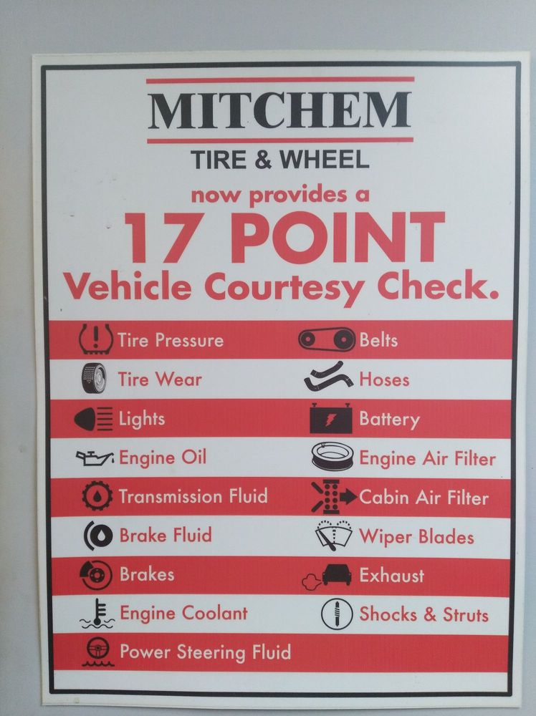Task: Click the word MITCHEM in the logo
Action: click(x=279, y=110)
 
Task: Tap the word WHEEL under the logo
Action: click(x=324, y=160)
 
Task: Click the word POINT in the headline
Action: click(x=338, y=238)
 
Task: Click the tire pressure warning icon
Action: click(x=96, y=339)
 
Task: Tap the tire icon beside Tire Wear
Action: click(x=94, y=379)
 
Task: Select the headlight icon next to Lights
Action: click(x=94, y=419)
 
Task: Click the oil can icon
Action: click(x=95, y=458)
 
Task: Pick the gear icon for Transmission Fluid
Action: click(x=97, y=496)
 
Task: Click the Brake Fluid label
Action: click(x=166, y=535)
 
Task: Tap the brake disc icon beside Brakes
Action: click(x=96, y=574)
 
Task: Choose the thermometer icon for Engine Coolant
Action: click(x=97, y=614)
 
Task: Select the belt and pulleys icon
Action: click(x=327, y=339)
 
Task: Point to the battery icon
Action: click(x=331, y=418)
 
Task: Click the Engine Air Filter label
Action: click(x=427, y=458)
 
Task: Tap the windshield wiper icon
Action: click(x=334, y=535)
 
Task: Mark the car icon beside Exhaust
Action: click(x=337, y=574)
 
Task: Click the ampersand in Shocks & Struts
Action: click(x=429, y=614)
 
